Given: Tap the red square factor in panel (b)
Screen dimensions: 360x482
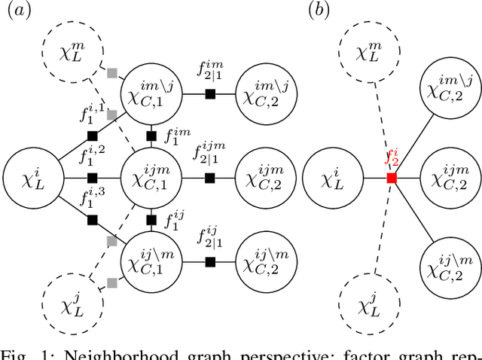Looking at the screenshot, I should (x=392, y=178).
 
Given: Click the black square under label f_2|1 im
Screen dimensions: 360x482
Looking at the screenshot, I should (x=211, y=93).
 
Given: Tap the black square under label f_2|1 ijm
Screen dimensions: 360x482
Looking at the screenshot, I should (x=211, y=178).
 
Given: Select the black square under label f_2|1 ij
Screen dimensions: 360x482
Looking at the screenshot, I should (x=211, y=262).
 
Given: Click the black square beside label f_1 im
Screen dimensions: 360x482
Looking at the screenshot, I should (x=151, y=136).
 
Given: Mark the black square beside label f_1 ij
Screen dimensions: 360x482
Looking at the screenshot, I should (x=151, y=221).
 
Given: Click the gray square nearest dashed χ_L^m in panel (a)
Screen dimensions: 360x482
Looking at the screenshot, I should (x=112, y=73).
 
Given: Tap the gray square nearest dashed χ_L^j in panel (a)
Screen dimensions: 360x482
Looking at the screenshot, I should (x=112, y=282).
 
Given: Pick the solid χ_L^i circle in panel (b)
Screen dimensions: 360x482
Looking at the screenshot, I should (x=331, y=179).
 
